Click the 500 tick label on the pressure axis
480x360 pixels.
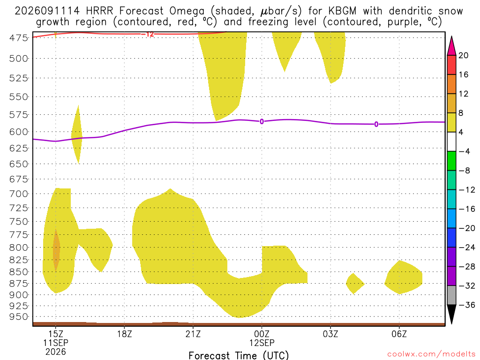point(18,59)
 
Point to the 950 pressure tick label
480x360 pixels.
point(18,317)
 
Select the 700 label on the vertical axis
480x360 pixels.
point(18,194)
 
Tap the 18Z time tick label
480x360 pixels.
point(124,334)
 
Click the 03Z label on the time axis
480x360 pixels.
point(330,334)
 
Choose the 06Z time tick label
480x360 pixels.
point(399,334)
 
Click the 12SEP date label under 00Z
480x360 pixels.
point(262,343)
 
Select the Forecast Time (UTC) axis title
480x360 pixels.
point(239,355)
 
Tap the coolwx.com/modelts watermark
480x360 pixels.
point(431,354)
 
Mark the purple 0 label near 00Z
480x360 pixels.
point(262,121)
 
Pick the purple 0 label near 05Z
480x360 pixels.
point(376,124)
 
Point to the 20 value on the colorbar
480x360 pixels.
point(464,55)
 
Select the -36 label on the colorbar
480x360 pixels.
point(467,305)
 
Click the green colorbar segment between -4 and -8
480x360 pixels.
point(451,161)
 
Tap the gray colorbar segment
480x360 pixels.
point(451,295)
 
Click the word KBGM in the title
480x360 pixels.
point(342,11)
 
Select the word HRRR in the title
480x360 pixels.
point(100,11)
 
